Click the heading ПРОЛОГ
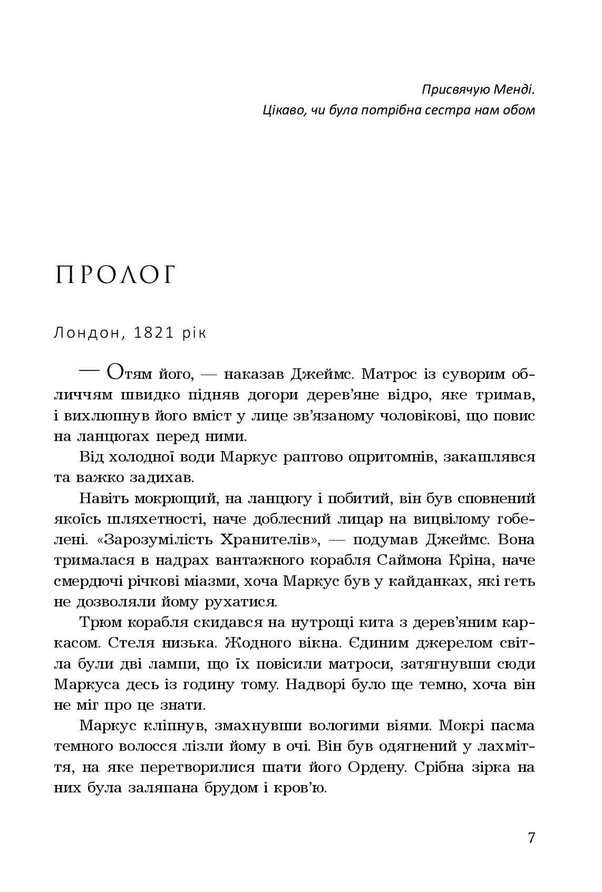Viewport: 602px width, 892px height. (x=115, y=276)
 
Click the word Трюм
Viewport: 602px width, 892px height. (x=100, y=623)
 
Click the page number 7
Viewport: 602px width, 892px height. (x=531, y=838)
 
